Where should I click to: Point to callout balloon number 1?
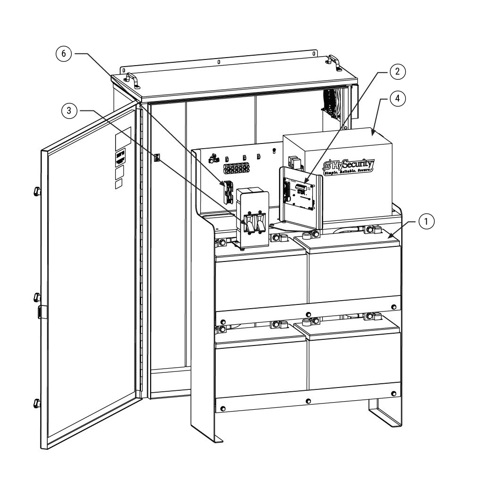pos(426,221)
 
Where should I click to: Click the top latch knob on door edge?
pos(37,191)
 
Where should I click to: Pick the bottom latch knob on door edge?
pos(37,404)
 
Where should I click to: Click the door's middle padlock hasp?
pos(42,311)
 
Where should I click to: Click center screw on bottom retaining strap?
pos(308,401)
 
